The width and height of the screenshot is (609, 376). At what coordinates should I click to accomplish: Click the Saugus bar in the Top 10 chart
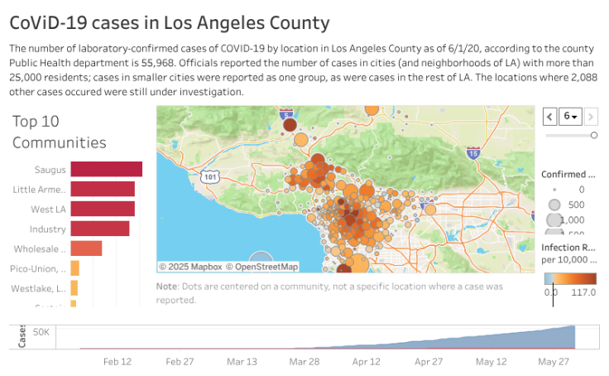pyautogui.click(x=106, y=170)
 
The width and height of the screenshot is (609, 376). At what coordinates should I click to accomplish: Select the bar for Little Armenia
pyautogui.click(x=103, y=189)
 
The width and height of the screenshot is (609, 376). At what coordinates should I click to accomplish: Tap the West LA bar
pyautogui.click(x=103, y=209)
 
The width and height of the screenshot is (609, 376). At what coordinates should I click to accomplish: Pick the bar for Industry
pyautogui.click(x=99, y=229)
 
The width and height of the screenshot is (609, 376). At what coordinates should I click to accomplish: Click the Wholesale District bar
pyautogui.click(x=86, y=248)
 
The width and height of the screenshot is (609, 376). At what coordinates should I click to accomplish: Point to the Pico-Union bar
pyautogui.click(x=75, y=268)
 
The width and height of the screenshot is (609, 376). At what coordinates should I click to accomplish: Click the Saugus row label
pyautogui.click(x=50, y=170)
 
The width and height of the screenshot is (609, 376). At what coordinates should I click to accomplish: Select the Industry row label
pyautogui.click(x=48, y=229)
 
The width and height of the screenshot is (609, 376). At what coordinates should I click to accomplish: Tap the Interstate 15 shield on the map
pyautogui.click(x=472, y=153)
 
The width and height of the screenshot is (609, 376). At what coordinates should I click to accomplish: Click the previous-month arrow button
pyautogui.click(x=549, y=116)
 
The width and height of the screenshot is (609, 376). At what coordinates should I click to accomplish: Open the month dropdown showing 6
pyautogui.click(x=571, y=116)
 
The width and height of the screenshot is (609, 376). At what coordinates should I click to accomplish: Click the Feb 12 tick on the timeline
pyautogui.click(x=117, y=362)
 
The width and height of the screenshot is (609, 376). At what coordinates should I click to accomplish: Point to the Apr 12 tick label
pyautogui.click(x=366, y=362)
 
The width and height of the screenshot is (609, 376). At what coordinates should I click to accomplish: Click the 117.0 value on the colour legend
pyautogui.click(x=584, y=292)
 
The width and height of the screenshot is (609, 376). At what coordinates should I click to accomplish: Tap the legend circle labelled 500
pyautogui.click(x=554, y=205)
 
